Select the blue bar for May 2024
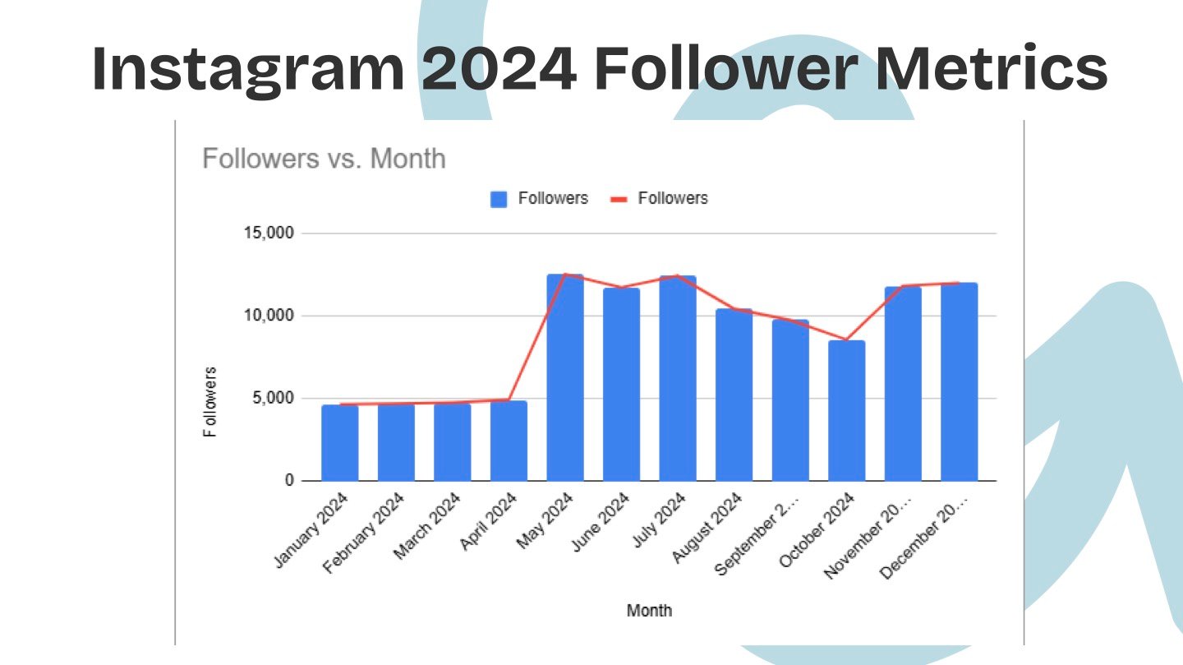pyautogui.click(x=565, y=378)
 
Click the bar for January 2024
pyautogui.click(x=340, y=443)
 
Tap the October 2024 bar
pyautogui.click(x=847, y=411)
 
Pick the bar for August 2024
pyautogui.click(x=734, y=395)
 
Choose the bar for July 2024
pyautogui.click(x=678, y=378)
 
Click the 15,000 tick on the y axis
pyautogui.click(x=269, y=233)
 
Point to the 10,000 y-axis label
pyautogui.click(x=269, y=316)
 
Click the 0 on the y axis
pyautogui.click(x=289, y=481)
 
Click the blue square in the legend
pyautogui.click(x=499, y=199)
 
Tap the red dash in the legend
pyautogui.click(x=619, y=199)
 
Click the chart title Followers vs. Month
pyautogui.click(x=324, y=159)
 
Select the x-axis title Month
pyautogui.click(x=649, y=610)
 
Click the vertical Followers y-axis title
pyautogui.click(x=211, y=402)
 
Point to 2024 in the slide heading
pyautogui.click(x=499, y=69)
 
